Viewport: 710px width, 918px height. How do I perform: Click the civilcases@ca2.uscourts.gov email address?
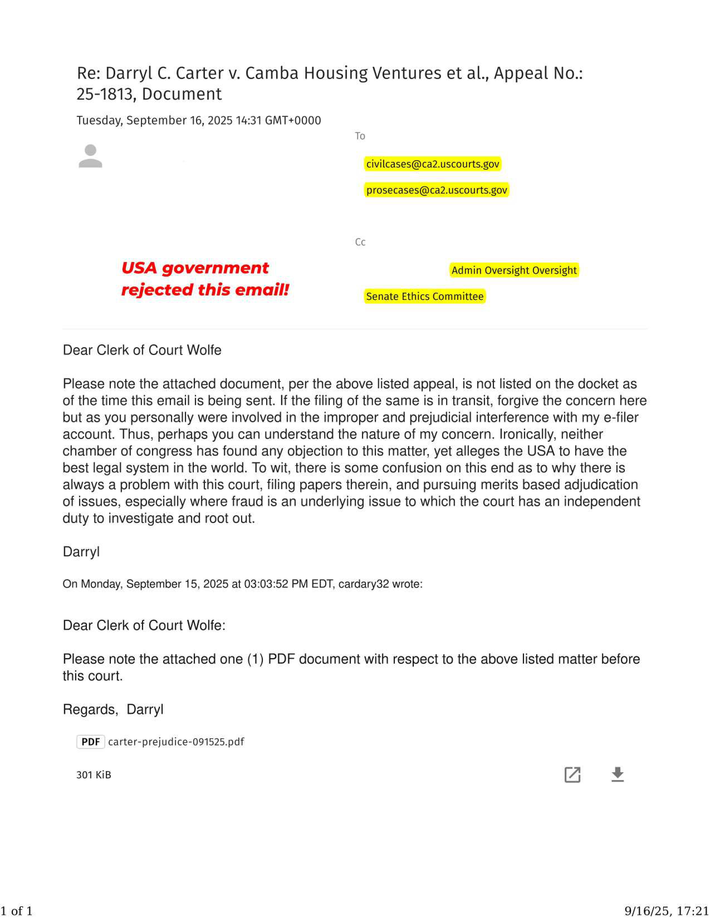coord(432,164)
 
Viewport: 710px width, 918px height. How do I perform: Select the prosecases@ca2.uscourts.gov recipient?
coord(436,190)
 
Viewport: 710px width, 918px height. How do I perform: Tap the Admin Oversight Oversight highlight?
coord(514,270)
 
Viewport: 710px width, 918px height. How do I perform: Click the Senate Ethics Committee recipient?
coord(424,296)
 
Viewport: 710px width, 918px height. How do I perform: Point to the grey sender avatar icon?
coord(90,156)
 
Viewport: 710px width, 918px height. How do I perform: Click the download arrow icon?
coord(617,774)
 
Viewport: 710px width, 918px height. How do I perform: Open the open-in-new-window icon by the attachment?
coord(572,774)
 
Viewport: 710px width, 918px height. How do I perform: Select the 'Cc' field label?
coord(360,242)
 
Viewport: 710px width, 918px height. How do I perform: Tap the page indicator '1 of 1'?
coord(17,911)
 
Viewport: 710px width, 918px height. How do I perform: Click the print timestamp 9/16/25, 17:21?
coord(666,911)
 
